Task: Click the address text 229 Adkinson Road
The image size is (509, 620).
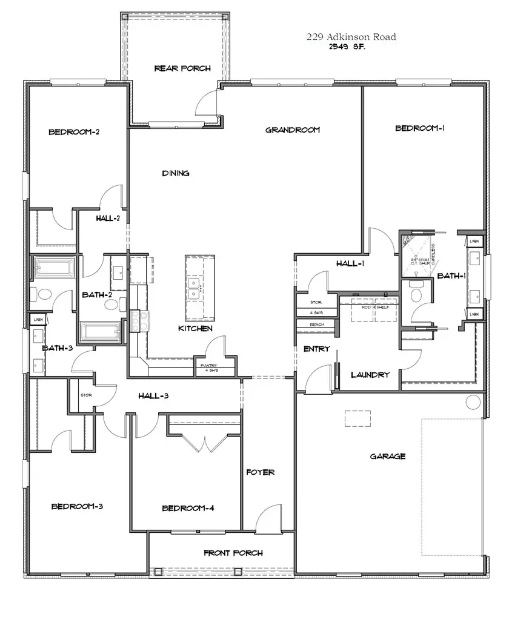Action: pos(351,37)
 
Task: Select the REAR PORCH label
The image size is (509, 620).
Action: pos(182,68)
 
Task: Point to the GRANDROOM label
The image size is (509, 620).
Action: pos(293,130)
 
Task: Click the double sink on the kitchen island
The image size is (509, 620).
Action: pos(195,288)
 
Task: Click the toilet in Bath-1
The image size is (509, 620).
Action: pos(416,293)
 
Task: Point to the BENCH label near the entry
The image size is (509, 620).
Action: pos(316,325)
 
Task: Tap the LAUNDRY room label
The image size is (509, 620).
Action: pos(370,375)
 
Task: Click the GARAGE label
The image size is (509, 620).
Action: pos(387,456)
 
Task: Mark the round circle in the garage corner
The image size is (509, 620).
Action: pos(473,401)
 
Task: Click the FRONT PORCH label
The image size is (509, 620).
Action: pos(233,553)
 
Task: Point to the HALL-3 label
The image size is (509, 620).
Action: pos(153,396)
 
